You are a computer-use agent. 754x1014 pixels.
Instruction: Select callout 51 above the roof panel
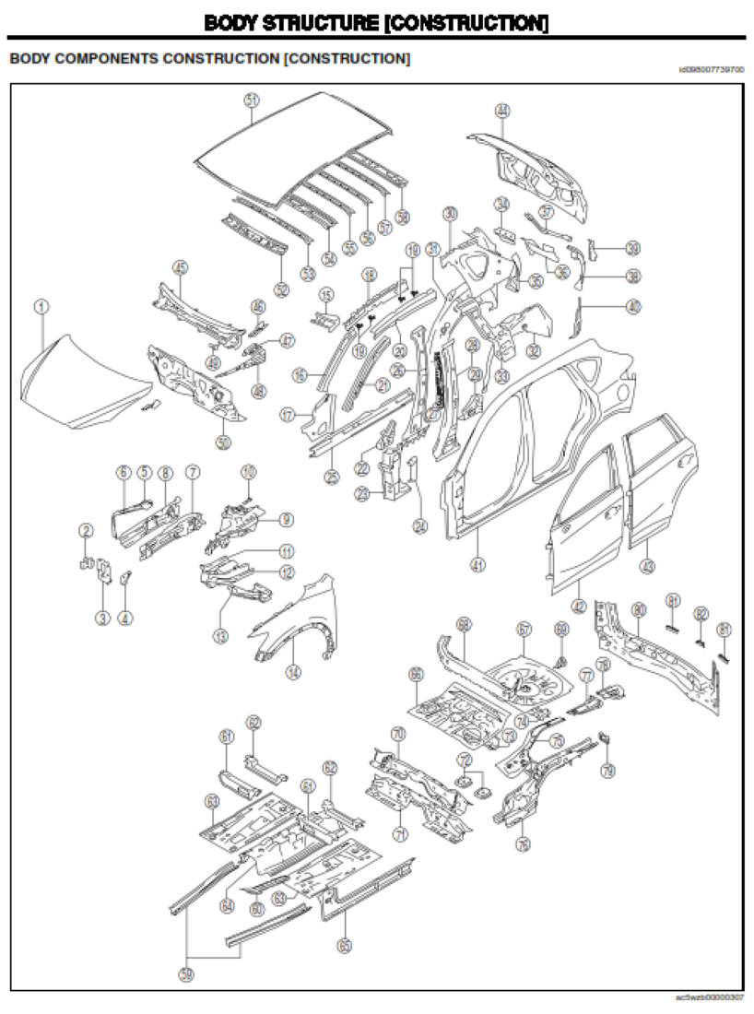point(252,100)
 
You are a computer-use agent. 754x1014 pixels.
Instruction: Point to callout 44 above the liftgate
point(501,111)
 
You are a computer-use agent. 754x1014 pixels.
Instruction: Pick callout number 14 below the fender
point(292,672)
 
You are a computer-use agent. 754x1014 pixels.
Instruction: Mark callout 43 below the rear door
point(647,567)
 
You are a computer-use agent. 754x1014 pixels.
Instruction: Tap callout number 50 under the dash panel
point(222,442)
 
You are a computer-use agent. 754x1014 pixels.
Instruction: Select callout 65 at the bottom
point(344,945)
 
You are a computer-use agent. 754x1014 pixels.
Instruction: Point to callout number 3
point(102,617)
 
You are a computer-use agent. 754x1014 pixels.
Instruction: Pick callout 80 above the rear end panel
point(639,609)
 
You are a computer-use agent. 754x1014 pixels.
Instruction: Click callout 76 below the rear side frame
point(523,843)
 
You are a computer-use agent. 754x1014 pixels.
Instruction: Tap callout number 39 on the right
point(632,248)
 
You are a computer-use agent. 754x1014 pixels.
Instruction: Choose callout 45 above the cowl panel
point(181,268)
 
